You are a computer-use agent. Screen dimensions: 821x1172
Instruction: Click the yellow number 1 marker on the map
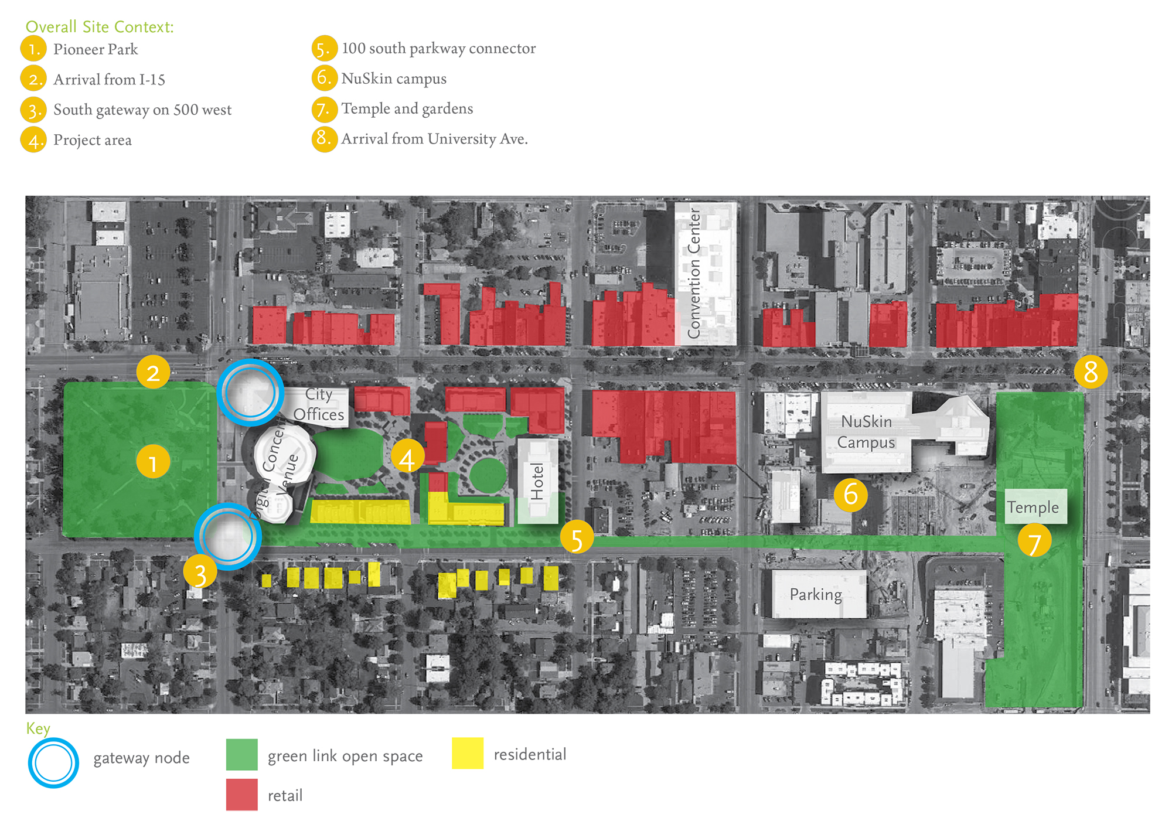click(x=153, y=462)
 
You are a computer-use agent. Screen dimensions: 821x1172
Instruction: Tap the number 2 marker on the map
click(x=153, y=372)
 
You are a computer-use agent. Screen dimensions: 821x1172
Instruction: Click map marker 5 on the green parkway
click(x=577, y=537)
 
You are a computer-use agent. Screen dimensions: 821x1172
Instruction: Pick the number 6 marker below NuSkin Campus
click(x=850, y=495)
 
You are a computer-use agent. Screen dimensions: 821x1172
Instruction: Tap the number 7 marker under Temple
click(x=1034, y=540)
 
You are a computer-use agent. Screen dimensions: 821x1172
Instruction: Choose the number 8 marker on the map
click(x=1091, y=371)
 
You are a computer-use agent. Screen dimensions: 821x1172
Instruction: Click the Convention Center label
click(x=694, y=273)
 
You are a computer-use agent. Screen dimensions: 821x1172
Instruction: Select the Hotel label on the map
click(x=537, y=482)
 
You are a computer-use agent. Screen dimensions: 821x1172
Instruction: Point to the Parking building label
click(x=816, y=595)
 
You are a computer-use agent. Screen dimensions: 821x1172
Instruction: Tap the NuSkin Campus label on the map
click(x=866, y=432)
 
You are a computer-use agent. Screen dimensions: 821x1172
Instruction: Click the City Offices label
click(x=318, y=404)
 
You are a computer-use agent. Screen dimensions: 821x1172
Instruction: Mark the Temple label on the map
click(x=1033, y=507)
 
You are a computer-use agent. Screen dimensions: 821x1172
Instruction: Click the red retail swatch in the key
click(x=241, y=794)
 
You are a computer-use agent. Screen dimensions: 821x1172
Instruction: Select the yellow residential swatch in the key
click(x=467, y=753)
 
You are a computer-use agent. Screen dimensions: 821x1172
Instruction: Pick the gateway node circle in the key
click(x=53, y=762)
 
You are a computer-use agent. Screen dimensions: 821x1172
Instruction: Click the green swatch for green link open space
click(x=241, y=754)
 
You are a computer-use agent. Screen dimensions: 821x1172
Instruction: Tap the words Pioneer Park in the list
click(x=96, y=49)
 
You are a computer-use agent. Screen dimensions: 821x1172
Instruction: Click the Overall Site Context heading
click(x=100, y=27)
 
